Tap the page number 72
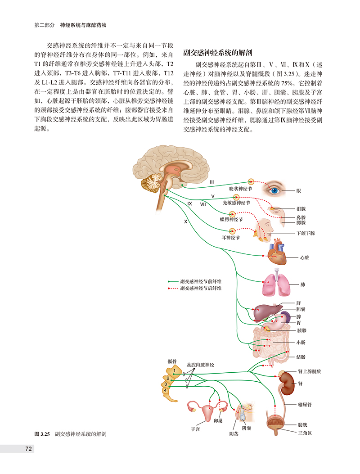[28, 448]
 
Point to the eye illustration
[274, 190]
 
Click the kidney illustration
[284, 383]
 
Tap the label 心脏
[305, 258]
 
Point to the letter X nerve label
[185, 222]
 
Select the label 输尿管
[305, 405]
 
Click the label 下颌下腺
[306, 233]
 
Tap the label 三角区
[304, 433]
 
